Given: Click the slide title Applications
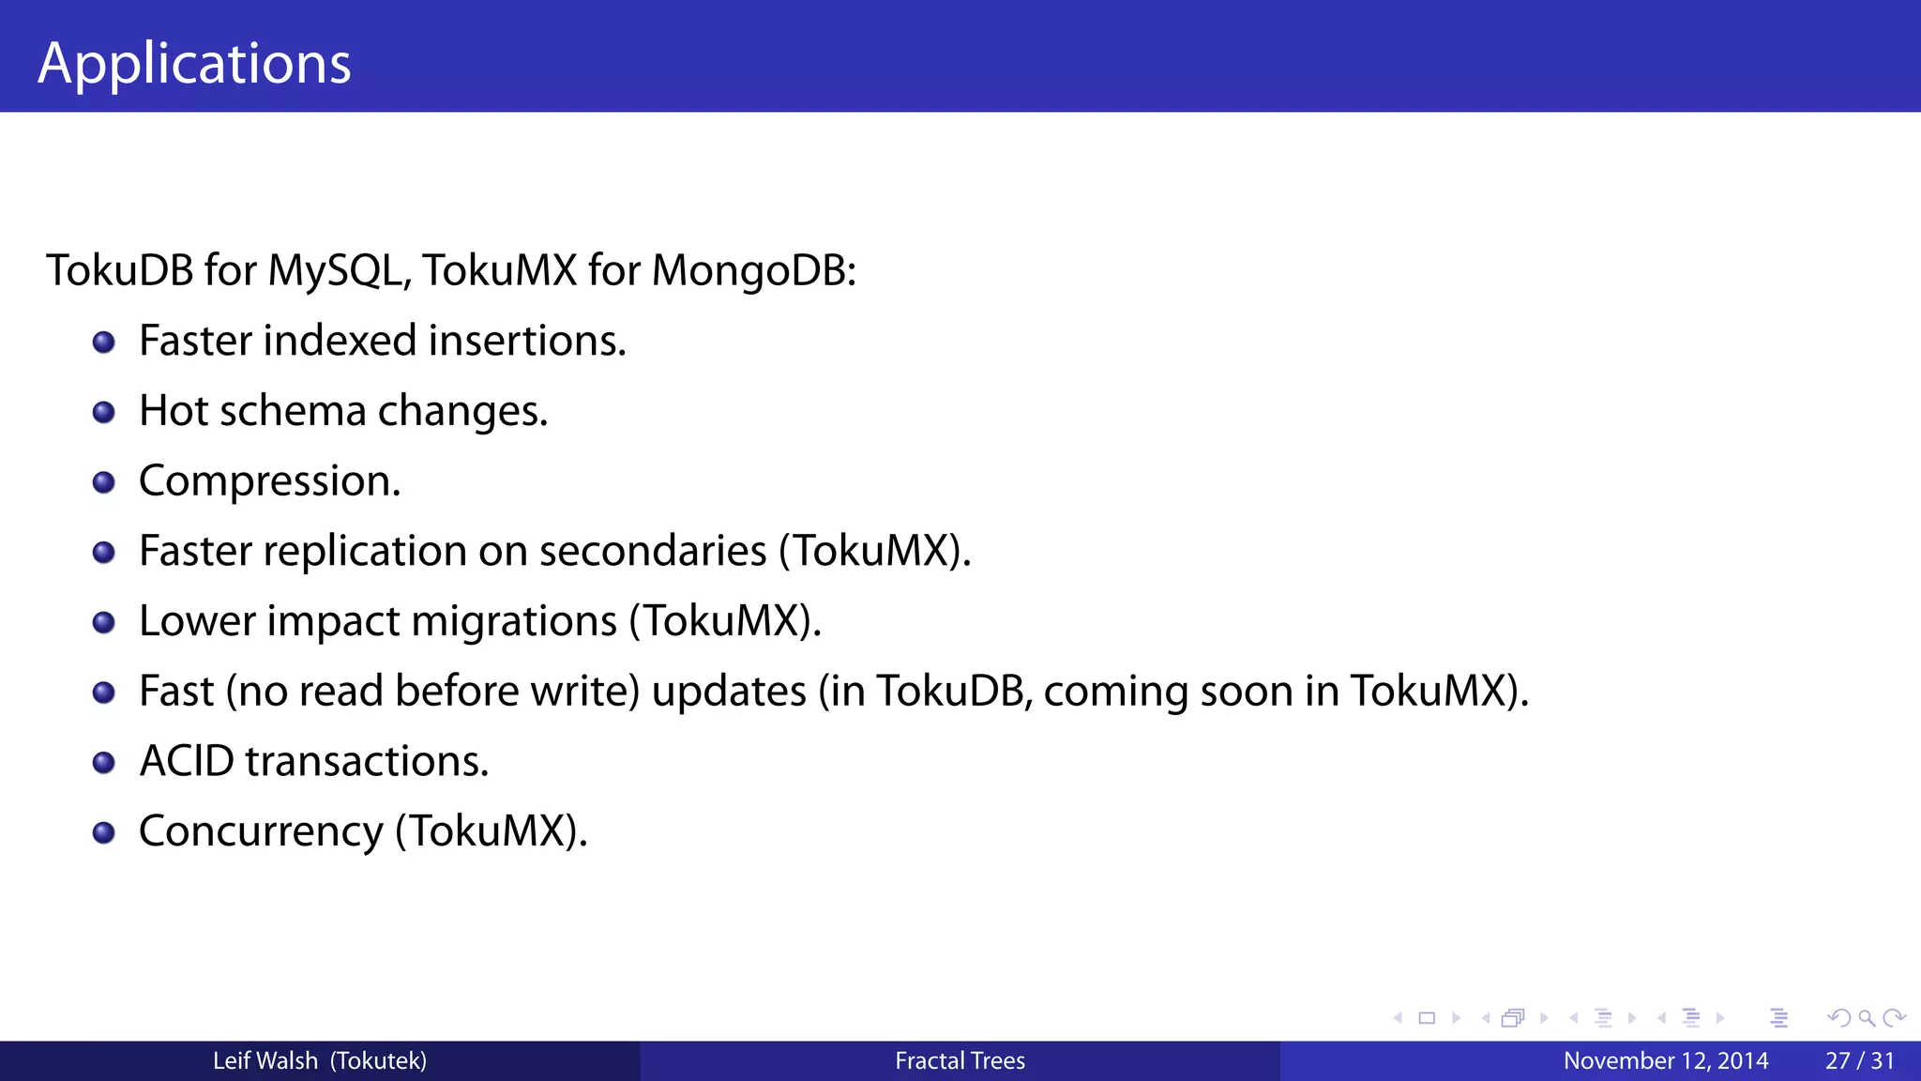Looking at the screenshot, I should pos(194,64).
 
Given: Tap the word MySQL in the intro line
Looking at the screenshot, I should pos(336,271).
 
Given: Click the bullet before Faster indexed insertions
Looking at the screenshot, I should pos(104,343).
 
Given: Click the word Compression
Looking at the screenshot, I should pos(269,481).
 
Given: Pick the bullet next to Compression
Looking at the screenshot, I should pos(104,482).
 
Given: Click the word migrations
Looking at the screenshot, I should pos(514,621).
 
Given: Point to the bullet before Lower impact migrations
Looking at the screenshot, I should pos(104,622).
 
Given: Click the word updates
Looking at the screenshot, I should pos(729,692).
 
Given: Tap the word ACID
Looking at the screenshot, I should pos(187,761).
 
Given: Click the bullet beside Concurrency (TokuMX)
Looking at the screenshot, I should pos(104,832).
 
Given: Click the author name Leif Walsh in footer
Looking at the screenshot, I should pos(265,1061).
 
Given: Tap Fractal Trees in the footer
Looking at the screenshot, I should pos(960,1061).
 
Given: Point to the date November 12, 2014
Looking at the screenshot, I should pos(1666,1061).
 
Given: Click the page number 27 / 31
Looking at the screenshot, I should pos(1859,1061).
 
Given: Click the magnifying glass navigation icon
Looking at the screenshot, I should pos(1867,1018).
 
